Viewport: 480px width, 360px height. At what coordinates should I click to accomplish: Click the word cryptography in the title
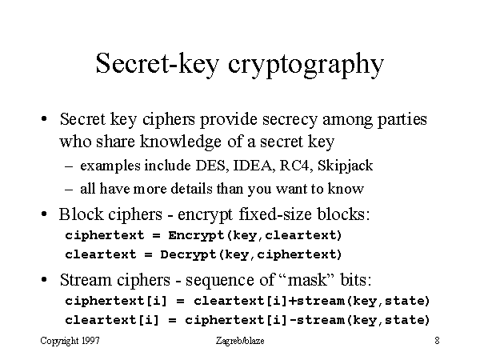306,66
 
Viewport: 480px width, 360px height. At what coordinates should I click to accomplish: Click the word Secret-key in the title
158,63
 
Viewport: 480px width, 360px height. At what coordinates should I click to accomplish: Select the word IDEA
253,166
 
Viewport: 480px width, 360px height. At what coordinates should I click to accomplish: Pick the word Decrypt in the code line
189,255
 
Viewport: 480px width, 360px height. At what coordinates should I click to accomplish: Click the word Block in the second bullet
81,214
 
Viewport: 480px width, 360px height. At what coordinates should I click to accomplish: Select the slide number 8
437,341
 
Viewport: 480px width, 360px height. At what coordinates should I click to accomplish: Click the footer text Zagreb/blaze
240,341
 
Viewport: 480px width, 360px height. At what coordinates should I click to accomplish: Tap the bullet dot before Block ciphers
44,214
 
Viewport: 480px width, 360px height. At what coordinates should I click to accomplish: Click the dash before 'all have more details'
69,190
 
